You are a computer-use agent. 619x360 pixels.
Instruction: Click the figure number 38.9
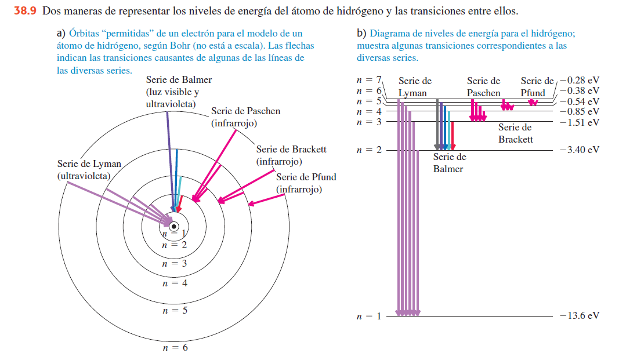click(26, 11)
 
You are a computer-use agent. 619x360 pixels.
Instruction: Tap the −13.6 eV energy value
click(579, 316)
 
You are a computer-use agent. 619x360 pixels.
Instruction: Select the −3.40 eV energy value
click(579, 150)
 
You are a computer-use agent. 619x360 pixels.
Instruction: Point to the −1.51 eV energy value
click(579, 122)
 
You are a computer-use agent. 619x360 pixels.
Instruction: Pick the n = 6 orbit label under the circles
click(175, 348)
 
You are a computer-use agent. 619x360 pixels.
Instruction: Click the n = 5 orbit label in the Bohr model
click(175, 311)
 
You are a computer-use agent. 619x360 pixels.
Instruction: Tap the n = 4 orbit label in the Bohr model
click(175, 283)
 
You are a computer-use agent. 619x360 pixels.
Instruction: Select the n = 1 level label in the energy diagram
click(369, 316)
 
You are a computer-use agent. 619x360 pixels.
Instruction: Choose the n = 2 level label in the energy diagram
click(369, 150)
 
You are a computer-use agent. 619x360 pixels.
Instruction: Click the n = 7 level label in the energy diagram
click(369, 79)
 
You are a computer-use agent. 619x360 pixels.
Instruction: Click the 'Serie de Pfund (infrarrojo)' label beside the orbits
click(306, 183)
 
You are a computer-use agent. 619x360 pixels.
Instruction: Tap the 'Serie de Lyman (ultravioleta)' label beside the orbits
click(89, 170)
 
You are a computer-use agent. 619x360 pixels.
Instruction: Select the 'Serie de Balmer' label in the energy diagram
click(449, 163)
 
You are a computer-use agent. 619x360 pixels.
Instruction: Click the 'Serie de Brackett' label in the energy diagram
click(515, 133)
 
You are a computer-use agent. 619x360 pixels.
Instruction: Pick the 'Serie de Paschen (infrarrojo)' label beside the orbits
click(245, 117)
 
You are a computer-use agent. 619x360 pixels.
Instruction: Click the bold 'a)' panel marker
click(61, 34)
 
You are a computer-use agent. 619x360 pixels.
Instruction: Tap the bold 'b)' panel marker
click(361, 34)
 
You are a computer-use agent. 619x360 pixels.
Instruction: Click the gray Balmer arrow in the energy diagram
click(437, 125)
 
